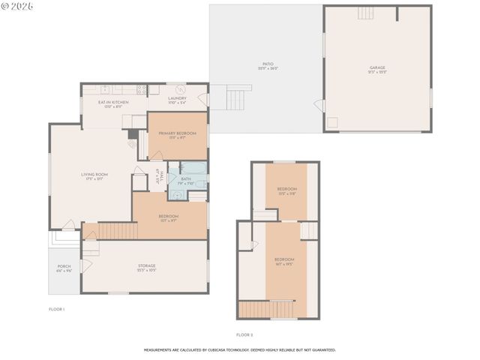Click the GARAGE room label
377,67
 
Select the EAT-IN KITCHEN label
113,102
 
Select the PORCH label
64,267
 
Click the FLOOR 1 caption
57,309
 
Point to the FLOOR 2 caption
245,334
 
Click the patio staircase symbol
238,97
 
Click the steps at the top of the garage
365,13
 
